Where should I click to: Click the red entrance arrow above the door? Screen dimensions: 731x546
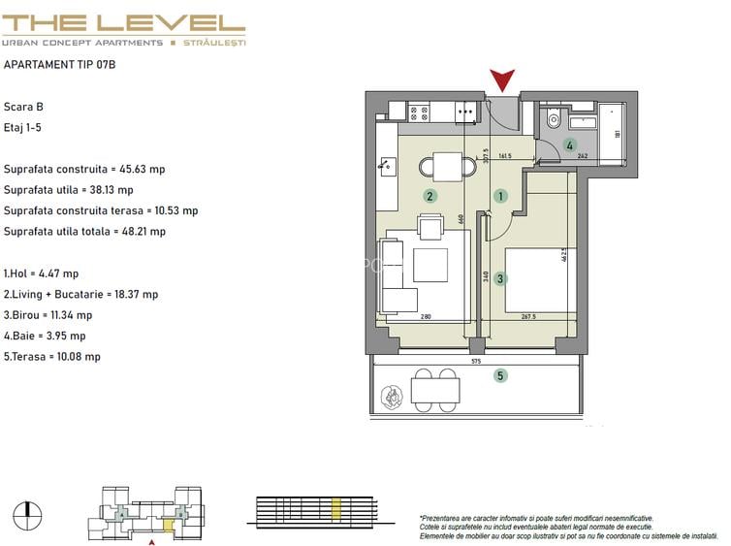[502, 80]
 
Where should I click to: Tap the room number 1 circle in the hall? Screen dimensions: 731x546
[500, 196]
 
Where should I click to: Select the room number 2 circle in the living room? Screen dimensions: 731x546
[429, 196]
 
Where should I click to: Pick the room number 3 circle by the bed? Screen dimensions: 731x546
[500, 279]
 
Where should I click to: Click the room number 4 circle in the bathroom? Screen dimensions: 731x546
[569, 145]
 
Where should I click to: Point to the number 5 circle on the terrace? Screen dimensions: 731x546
[500, 375]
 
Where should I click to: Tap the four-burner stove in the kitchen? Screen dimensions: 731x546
[419, 113]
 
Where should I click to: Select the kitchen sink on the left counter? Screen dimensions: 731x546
[387, 166]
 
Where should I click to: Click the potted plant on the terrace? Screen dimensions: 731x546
[392, 398]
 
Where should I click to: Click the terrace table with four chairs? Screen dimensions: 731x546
[435, 390]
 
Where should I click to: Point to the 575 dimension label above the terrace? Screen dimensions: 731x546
[475, 361]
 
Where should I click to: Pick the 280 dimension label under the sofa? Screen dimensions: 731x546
[426, 316]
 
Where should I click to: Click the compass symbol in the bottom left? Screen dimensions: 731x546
[27, 516]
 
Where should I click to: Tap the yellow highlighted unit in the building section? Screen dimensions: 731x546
[335, 509]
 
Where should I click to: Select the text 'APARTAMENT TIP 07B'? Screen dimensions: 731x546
[59, 64]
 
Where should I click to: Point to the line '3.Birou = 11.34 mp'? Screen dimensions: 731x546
[48, 315]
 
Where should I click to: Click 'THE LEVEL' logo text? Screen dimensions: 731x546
[123, 23]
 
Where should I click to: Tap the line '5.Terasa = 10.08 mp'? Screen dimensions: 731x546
[52, 357]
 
